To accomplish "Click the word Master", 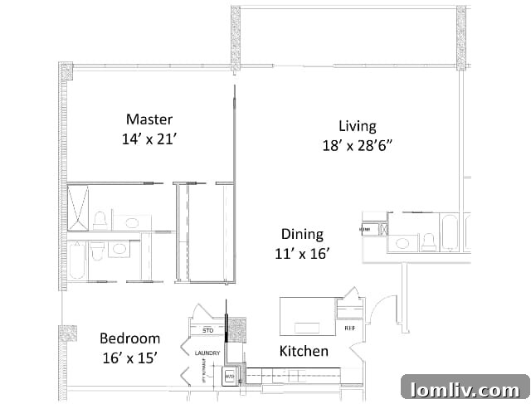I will click(x=149, y=119).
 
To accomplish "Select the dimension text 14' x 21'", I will click(x=149, y=139).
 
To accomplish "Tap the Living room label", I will click(x=357, y=126).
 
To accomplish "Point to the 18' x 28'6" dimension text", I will click(x=357, y=146).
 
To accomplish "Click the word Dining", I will click(x=301, y=235).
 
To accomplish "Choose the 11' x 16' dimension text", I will click(x=301, y=255).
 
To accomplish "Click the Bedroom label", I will click(x=129, y=338).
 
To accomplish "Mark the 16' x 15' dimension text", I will click(x=129, y=358).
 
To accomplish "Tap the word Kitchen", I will click(x=303, y=351).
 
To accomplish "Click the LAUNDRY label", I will click(x=207, y=353).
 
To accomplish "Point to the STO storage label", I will click(x=207, y=330).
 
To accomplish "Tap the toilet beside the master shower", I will click(x=100, y=220).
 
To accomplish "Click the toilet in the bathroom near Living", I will click(x=428, y=241).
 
